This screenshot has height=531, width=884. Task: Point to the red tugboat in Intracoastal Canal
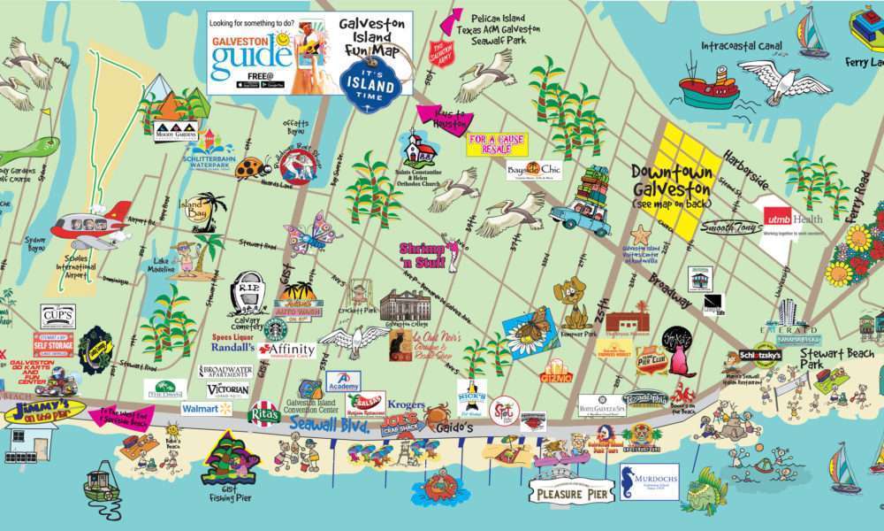point(707,86)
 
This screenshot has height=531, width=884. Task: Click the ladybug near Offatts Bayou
point(253,167)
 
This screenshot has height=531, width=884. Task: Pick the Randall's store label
point(233,347)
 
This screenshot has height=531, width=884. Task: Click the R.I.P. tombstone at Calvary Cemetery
point(249,291)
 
